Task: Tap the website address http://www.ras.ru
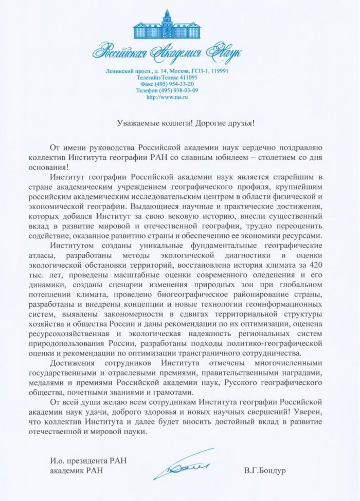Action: tap(167, 96)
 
